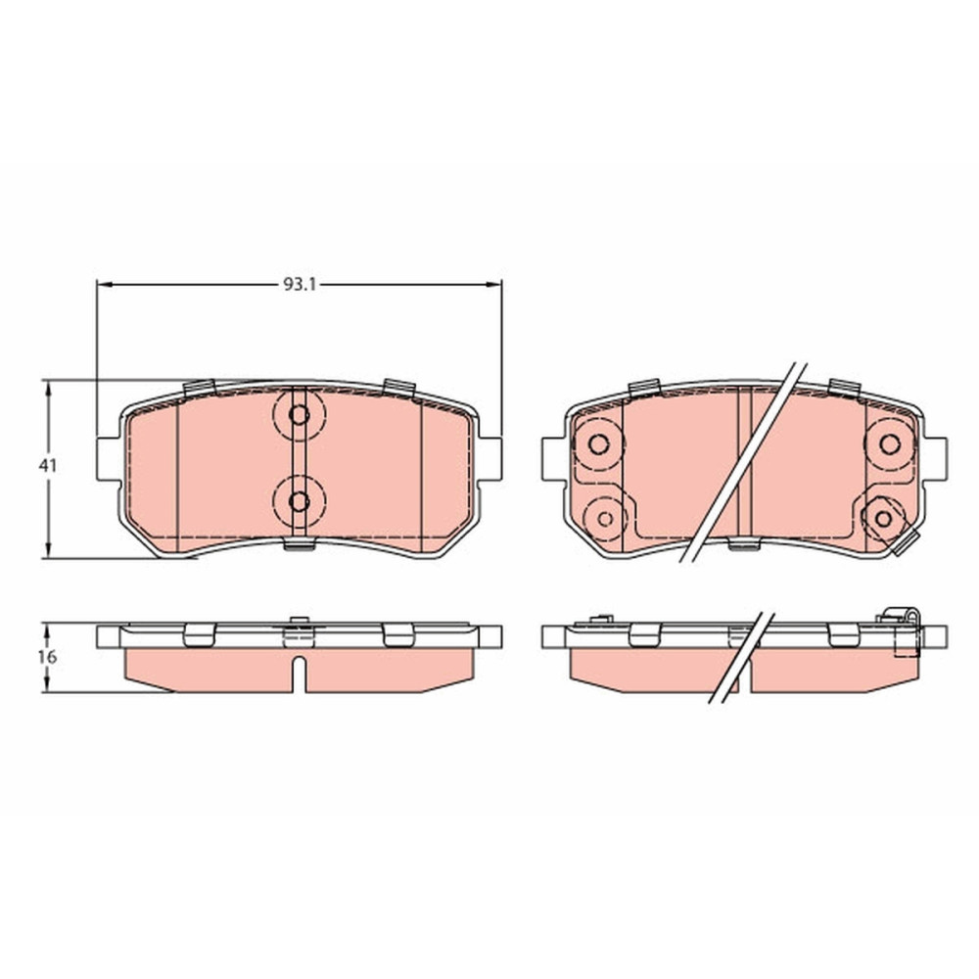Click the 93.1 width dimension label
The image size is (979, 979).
pos(301,285)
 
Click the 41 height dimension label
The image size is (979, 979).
pos(47,465)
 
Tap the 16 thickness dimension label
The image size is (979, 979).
pos(47,656)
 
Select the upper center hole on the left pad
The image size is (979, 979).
pos(299,414)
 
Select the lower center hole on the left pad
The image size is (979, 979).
pos(299,500)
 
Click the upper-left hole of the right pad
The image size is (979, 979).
pos(598,443)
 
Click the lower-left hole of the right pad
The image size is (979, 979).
pos(605,518)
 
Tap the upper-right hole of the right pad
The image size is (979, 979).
pos(889,443)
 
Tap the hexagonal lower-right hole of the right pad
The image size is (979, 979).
pos(883,518)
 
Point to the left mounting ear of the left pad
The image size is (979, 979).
pos(109,459)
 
